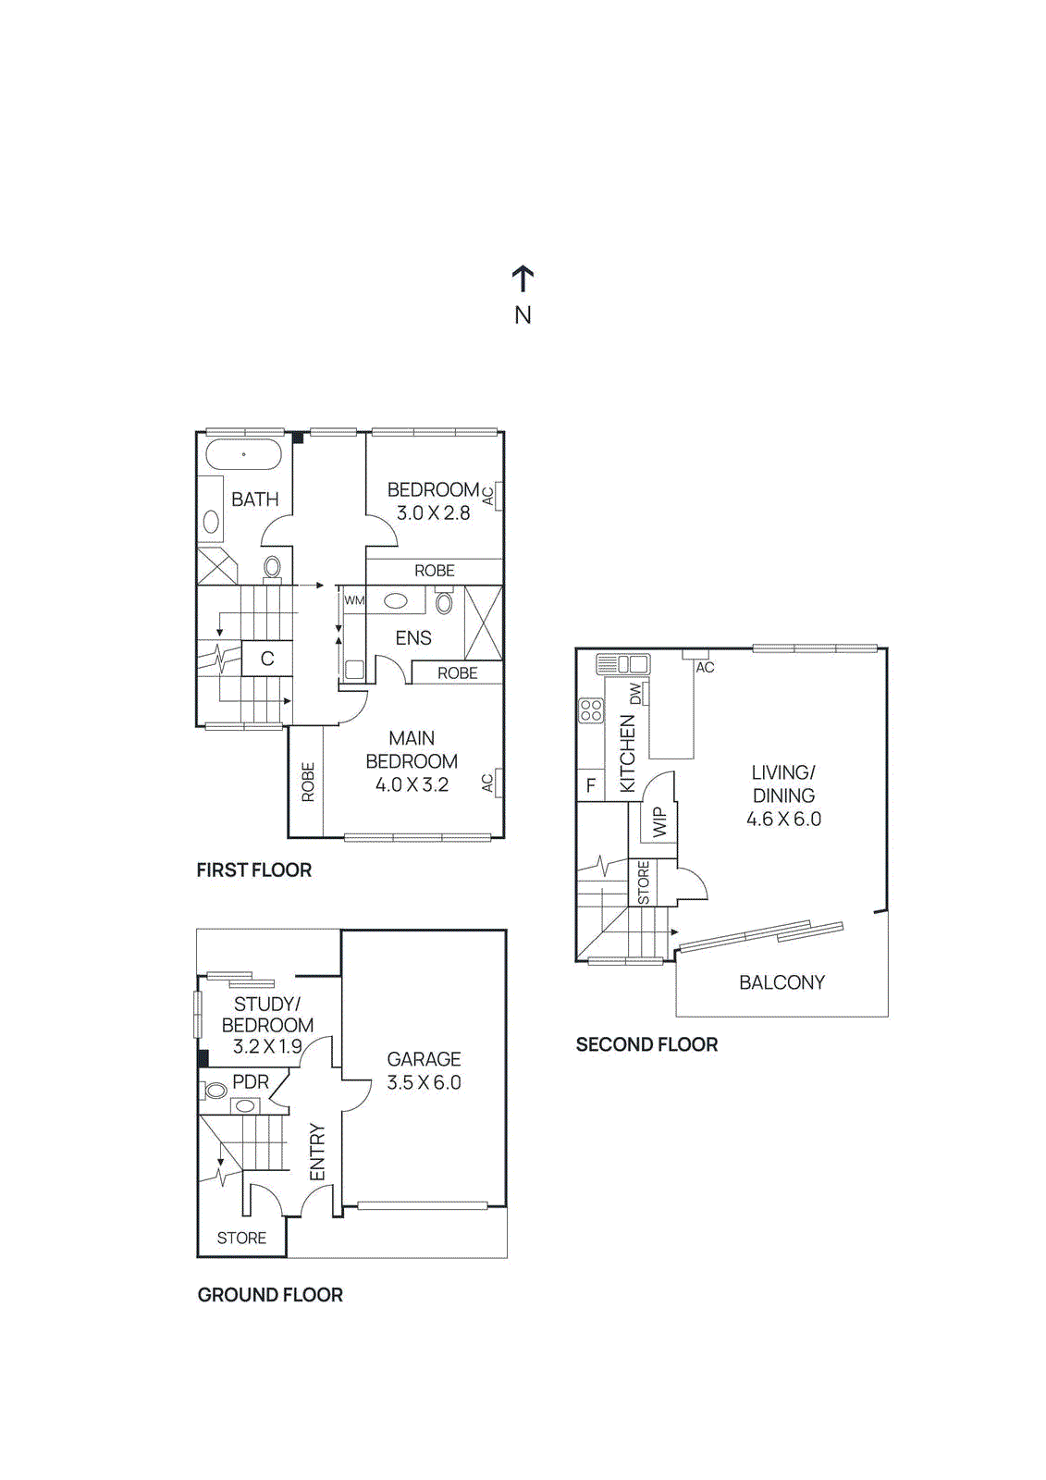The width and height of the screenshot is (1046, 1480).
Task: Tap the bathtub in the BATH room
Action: pyautogui.click(x=243, y=455)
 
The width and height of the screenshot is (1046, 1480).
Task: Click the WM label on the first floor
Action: pyautogui.click(x=354, y=600)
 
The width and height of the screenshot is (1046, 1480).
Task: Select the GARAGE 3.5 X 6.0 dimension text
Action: pyautogui.click(x=424, y=1082)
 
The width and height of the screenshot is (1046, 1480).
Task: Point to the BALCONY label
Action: pyautogui.click(x=781, y=982)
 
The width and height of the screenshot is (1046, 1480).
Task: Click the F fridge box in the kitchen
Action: pyautogui.click(x=590, y=786)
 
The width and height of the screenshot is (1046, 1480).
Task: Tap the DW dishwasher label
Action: pyautogui.click(x=635, y=693)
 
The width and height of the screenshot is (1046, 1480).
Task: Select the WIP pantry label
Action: pyautogui.click(x=659, y=821)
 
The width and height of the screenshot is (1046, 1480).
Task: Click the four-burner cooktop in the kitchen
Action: pyautogui.click(x=591, y=710)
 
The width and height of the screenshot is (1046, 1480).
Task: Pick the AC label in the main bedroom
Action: pyautogui.click(x=487, y=783)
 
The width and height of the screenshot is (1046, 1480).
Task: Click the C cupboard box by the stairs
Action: pyautogui.click(x=267, y=659)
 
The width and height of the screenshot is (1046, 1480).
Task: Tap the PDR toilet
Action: pyautogui.click(x=215, y=1091)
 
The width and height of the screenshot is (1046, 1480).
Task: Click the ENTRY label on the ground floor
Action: pyautogui.click(x=317, y=1153)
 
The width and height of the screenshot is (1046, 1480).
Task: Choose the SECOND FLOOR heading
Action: pyautogui.click(x=646, y=1044)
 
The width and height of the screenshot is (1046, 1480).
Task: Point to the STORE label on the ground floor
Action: pyautogui.click(x=241, y=1238)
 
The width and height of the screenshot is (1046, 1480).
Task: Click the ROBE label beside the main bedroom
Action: pyautogui.click(x=308, y=782)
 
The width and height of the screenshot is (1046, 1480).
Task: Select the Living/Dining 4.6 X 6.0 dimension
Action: pyautogui.click(x=783, y=819)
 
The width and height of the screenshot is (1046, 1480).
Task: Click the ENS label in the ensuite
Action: pyautogui.click(x=413, y=638)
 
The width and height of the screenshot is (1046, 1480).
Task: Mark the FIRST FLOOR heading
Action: pyautogui.click(x=253, y=869)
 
